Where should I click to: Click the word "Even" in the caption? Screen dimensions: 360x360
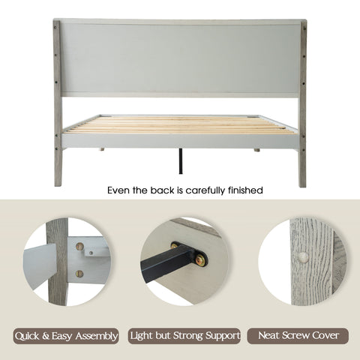coord(118,190)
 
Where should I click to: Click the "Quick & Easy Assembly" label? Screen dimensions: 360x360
coord(66,336)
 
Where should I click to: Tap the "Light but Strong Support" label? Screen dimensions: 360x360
coord(184,336)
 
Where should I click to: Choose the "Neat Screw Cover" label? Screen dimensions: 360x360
coord(298,336)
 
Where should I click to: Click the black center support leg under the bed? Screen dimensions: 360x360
coord(181,160)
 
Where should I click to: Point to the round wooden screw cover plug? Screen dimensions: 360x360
coord(303,257)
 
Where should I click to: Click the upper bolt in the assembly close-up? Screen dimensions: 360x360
coord(79,247)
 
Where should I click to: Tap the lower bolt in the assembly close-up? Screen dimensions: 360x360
coord(79,274)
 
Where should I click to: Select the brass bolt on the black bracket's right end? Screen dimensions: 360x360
coord(200,260)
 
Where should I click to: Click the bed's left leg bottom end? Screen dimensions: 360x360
coord(58,184)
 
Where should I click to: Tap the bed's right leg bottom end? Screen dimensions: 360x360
coord(302,185)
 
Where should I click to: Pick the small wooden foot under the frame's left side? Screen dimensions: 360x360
coord(102,149)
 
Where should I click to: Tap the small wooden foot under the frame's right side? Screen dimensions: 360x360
coord(257,150)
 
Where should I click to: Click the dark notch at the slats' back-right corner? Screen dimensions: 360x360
coord(253,116)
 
